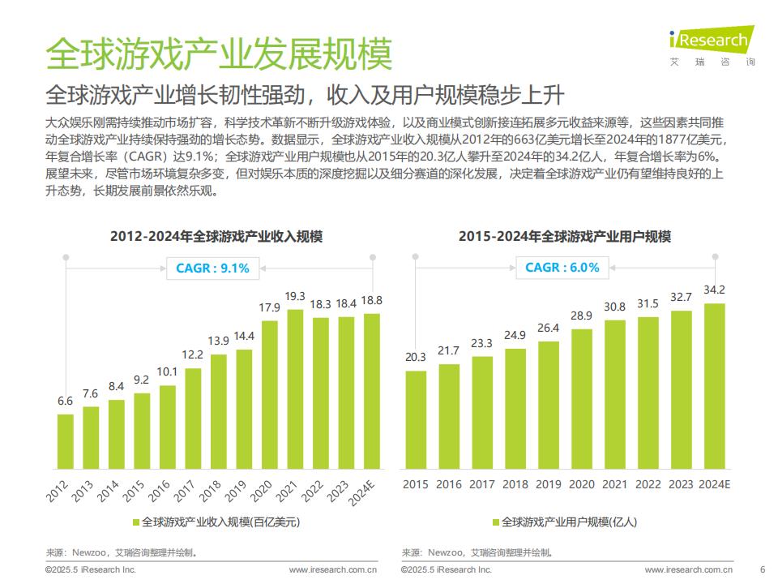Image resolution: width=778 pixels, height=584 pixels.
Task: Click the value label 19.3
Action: pos(296,296)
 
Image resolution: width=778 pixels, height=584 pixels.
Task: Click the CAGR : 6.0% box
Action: pos(562,267)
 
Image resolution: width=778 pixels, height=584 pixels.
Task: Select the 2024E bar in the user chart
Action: pos(715,386)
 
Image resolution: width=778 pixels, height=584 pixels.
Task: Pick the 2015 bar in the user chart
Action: pos(416,419)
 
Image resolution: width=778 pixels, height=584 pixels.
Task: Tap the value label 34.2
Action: pos(715,290)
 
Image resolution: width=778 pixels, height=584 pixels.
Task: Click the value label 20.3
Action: pos(416,357)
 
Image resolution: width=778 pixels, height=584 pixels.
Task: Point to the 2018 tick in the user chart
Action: pos(515,484)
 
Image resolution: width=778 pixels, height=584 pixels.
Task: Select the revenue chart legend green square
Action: pos(135,522)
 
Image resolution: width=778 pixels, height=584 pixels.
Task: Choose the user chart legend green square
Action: pos(495,522)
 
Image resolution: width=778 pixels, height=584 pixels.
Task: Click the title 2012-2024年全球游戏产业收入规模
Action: pos(217,237)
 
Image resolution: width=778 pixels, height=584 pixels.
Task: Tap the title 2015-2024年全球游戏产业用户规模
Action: pos(565,237)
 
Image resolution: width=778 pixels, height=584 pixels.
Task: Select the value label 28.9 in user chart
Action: pos(582,315)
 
